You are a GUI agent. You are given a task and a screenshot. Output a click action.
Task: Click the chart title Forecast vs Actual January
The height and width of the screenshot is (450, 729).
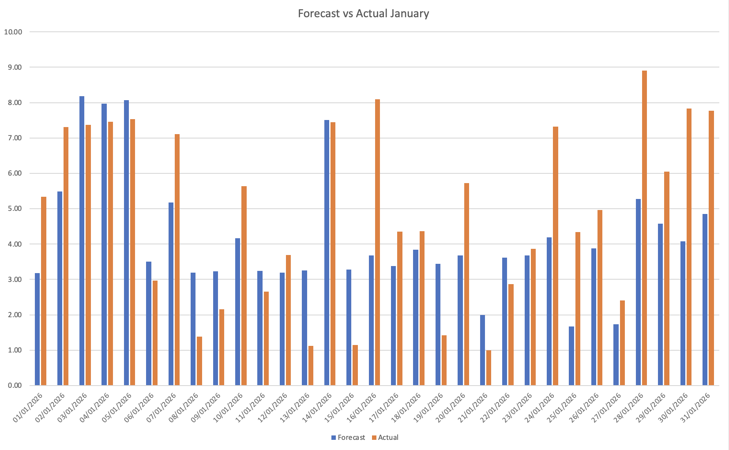(363, 13)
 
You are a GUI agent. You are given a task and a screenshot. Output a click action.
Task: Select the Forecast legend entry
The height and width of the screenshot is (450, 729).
(348, 438)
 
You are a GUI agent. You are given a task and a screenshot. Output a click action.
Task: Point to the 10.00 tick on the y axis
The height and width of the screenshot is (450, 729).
(13, 32)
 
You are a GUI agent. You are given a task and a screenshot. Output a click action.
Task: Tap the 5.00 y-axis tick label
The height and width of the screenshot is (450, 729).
(13, 209)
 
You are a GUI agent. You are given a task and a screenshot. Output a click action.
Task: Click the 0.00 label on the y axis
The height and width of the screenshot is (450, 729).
(13, 386)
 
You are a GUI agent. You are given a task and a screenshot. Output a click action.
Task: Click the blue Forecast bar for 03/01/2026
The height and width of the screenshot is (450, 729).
(82, 241)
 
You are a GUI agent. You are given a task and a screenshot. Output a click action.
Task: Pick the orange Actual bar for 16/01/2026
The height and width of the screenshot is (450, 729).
(377, 243)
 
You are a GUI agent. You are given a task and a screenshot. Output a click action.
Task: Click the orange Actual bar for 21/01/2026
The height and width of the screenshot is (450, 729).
(489, 368)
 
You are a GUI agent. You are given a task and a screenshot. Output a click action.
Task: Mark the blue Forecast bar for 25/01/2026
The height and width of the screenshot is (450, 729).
(571, 356)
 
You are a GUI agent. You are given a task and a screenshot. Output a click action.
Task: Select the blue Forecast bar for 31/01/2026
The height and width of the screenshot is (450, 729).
(705, 300)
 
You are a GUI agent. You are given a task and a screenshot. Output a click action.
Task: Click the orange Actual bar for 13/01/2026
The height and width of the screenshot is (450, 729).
(311, 366)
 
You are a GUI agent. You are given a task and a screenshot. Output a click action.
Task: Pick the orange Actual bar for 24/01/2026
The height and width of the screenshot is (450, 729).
(555, 256)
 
